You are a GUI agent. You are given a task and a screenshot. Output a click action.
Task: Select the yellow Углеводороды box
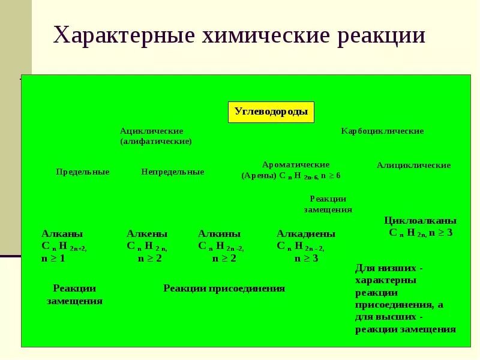[x=271, y=112]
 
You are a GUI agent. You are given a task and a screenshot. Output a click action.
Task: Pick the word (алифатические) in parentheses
[x=155, y=141]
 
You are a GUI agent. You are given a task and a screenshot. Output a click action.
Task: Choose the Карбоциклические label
[x=382, y=131]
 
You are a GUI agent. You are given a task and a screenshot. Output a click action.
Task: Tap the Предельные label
[x=83, y=172]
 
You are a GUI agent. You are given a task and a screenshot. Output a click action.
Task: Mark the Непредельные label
[x=173, y=172]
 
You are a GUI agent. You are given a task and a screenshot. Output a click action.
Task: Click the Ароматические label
[x=296, y=164]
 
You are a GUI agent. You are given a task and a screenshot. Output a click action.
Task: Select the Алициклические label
[x=413, y=165]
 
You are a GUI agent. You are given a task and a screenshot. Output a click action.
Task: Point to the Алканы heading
[x=62, y=234]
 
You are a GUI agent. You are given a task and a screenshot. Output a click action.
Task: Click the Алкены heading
[x=147, y=234]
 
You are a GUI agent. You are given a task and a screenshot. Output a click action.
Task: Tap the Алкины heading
[x=219, y=234]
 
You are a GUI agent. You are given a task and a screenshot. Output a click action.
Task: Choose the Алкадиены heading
[x=306, y=234]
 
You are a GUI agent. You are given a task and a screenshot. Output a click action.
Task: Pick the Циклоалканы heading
[x=420, y=221]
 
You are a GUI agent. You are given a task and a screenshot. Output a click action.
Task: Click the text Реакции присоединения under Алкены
[x=224, y=289]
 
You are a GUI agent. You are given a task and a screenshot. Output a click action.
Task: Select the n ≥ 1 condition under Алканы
[x=53, y=259]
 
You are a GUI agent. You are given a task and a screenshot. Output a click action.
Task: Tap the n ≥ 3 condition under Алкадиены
[x=306, y=259]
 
